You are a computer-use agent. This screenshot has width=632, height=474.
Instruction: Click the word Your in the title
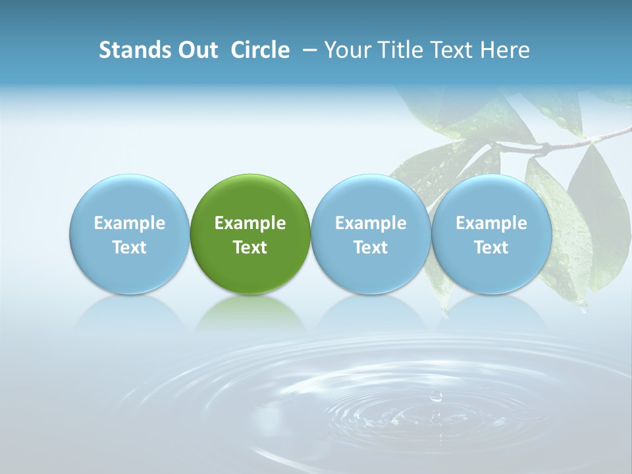pyautogui.click(x=344, y=50)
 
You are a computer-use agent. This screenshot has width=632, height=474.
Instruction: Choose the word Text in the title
pyautogui.click(x=448, y=50)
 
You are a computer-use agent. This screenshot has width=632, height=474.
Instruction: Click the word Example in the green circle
pyautogui.click(x=250, y=223)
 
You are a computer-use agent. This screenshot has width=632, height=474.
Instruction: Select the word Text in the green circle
pyautogui.click(x=250, y=248)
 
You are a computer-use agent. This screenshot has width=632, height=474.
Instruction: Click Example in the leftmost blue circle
pyautogui.click(x=129, y=223)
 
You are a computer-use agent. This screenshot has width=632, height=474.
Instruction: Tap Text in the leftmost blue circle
pyautogui.click(x=129, y=248)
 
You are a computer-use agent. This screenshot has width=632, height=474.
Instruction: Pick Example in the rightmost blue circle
pyautogui.click(x=491, y=223)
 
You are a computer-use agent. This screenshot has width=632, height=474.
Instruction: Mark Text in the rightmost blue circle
pyautogui.click(x=491, y=248)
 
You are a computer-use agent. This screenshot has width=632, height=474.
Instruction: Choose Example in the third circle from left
pyautogui.click(x=371, y=223)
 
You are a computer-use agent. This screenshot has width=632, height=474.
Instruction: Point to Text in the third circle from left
pyautogui.click(x=371, y=248)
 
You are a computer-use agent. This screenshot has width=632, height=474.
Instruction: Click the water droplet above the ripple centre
pyautogui.click(x=435, y=396)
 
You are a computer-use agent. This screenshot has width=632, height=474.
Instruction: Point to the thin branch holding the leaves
pyautogui.click(x=579, y=140)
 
